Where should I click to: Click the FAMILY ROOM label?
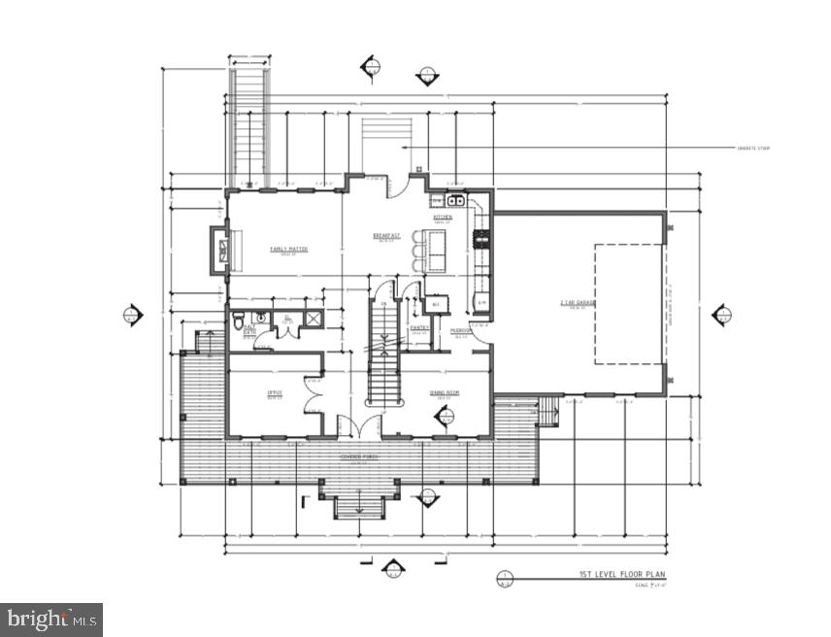(288, 249)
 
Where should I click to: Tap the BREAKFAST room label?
(386, 236)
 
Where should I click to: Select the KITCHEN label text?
(443, 218)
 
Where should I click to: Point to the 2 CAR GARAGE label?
(577, 303)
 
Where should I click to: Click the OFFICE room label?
(275, 392)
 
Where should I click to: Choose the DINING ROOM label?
(445, 392)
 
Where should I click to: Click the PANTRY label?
(419, 328)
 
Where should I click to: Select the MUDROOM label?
(460, 330)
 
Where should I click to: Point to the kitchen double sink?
(454, 201)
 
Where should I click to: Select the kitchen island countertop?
(437, 251)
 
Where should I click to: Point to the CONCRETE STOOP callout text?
(753, 149)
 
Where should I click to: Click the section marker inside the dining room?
(446, 418)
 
